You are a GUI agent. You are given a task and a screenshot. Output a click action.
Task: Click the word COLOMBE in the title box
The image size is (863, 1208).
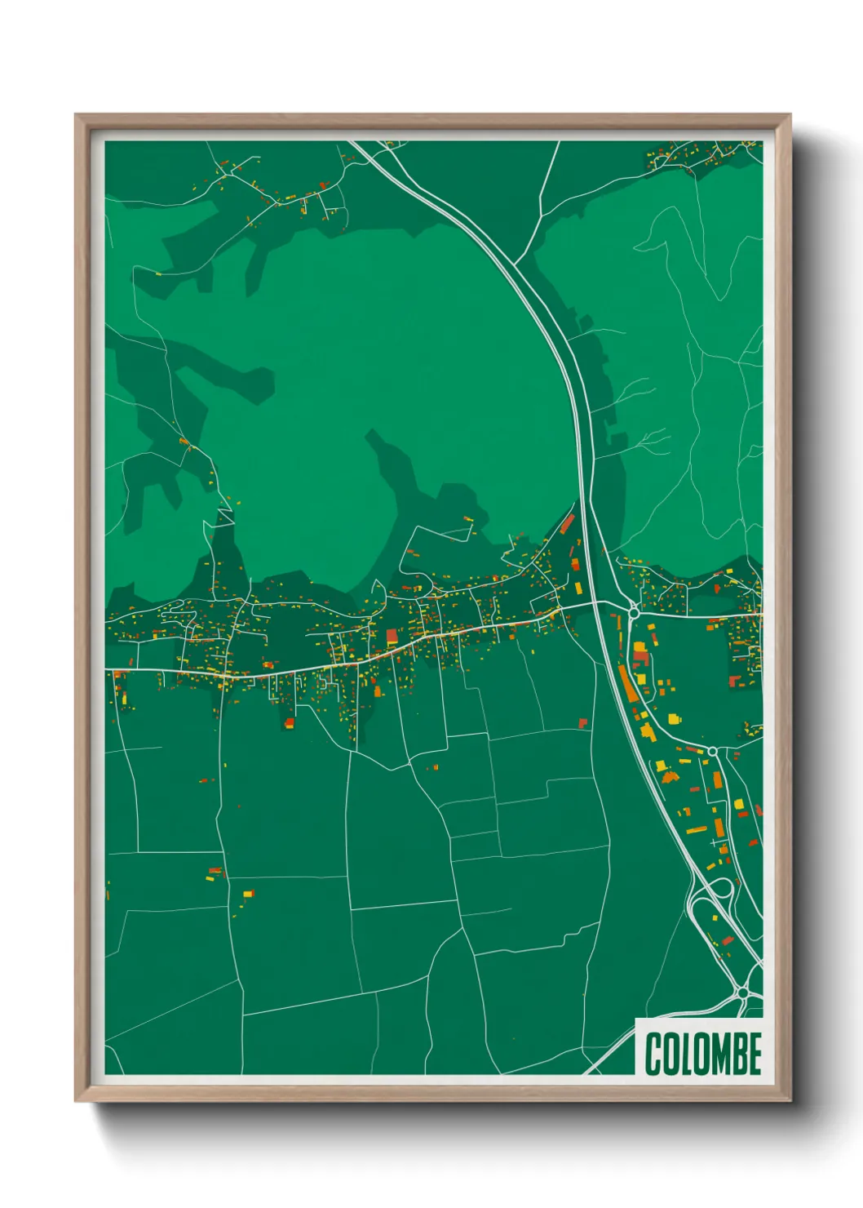[703, 1054]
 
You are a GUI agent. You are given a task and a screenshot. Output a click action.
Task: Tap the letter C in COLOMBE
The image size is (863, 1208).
[653, 1054]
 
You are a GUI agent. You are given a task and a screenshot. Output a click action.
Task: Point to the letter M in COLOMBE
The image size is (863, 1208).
[715, 1054]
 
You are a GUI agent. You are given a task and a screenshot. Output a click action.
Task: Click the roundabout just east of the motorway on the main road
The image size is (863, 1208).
[634, 610]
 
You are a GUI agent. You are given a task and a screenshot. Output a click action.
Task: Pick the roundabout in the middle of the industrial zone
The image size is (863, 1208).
[712, 751]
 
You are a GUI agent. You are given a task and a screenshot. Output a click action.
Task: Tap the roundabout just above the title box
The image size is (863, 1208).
[742, 993]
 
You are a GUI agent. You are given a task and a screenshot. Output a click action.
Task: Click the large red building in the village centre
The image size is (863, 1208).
[392, 636]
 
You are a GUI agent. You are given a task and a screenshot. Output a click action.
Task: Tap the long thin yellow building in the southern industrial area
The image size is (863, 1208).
[696, 830]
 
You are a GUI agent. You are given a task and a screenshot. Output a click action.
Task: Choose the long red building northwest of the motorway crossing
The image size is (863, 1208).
[567, 524]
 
